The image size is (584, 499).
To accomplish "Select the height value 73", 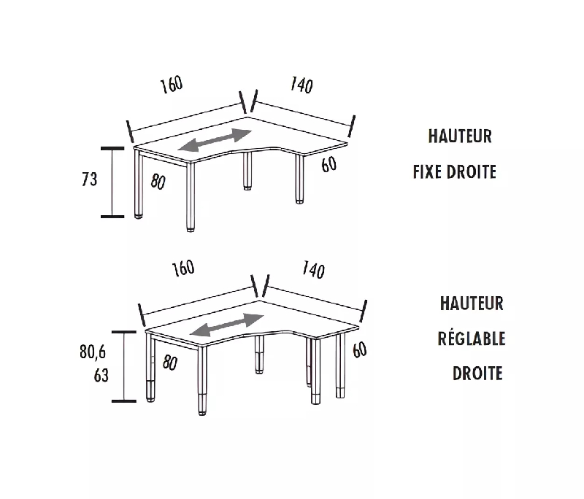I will click(90, 179).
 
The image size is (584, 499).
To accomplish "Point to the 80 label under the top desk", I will click(158, 182).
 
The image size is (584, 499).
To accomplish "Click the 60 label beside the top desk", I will click(328, 165).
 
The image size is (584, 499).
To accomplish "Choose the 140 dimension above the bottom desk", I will click(312, 271).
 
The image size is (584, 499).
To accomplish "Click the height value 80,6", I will click(93, 352).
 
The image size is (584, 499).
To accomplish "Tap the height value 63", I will click(101, 376).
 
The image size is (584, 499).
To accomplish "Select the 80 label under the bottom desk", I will click(171, 361).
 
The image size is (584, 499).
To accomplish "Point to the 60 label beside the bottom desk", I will click(359, 350).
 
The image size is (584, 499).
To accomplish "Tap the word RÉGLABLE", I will click(472, 338).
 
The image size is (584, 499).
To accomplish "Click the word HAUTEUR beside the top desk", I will click(460, 136).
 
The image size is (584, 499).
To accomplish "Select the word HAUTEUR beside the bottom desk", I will click(472, 302).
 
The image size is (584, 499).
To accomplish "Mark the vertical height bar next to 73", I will click(112, 182).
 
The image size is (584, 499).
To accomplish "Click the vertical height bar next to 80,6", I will click(125, 366).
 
